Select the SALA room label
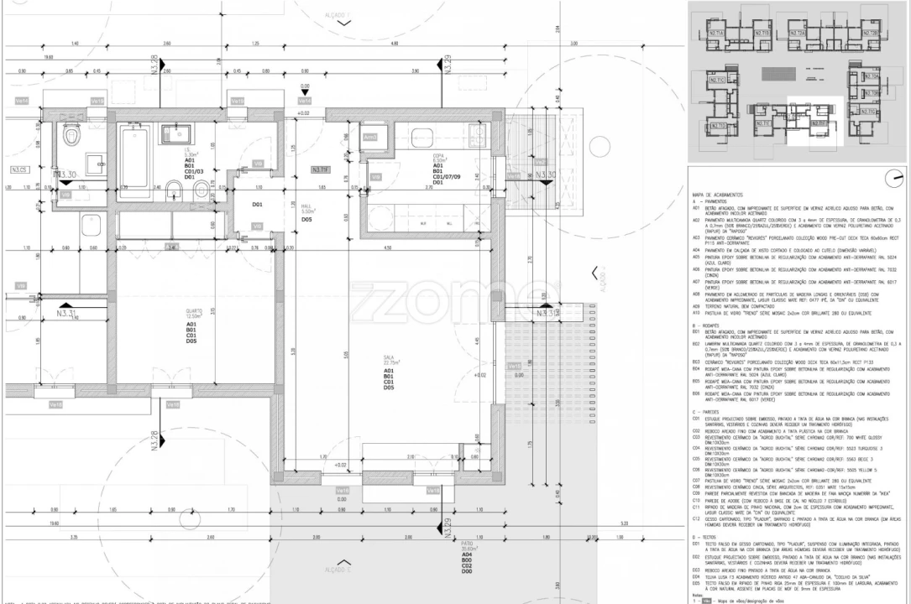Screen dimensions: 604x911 tap(390, 357)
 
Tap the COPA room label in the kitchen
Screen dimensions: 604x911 tap(437, 155)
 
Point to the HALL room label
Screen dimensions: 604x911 tap(306, 212)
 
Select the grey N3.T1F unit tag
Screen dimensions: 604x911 tap(320, 170)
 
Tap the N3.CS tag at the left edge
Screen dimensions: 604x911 tap(19, 170)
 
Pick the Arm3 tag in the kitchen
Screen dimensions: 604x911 tap(369, 137)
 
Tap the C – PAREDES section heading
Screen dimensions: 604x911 tap(707, 412)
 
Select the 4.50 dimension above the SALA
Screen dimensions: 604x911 tap(387, 248)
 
